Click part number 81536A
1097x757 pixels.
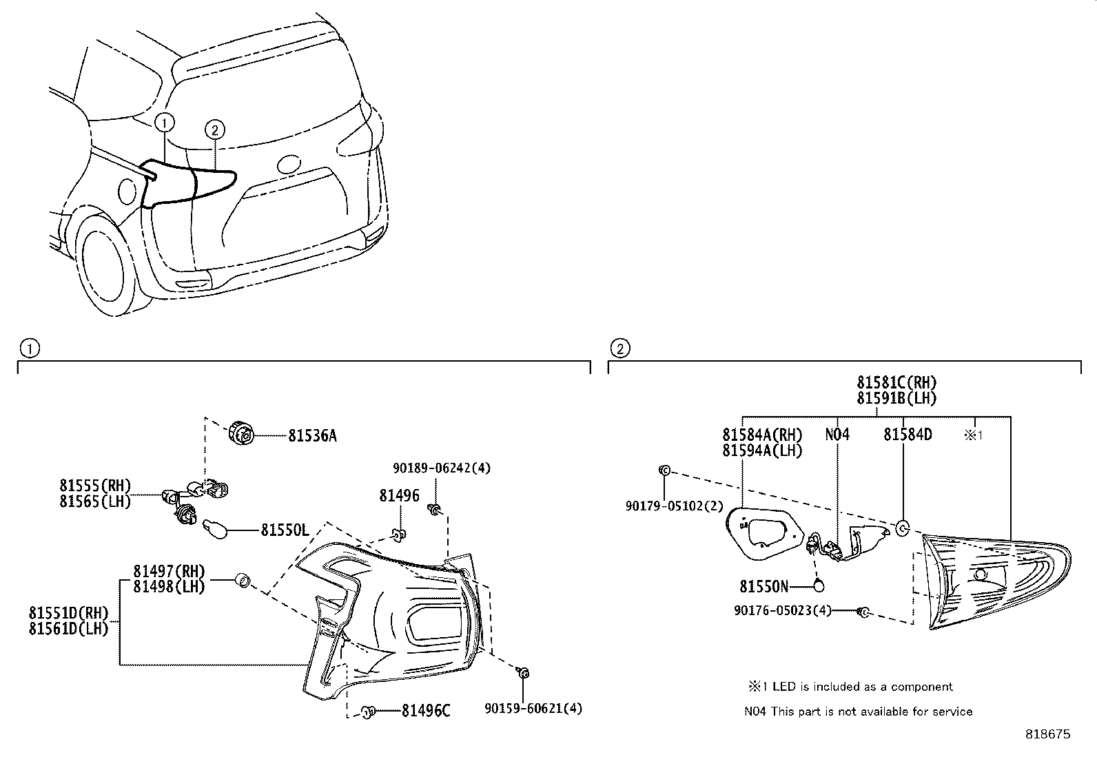tap(312, 436)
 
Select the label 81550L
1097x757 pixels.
tap(284, 530)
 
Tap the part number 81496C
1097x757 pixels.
tap(425, 710)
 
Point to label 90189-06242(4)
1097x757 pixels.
tap(442, 468)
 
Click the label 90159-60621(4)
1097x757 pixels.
tap(533, 707)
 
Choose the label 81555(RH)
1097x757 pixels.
tap(95, 486)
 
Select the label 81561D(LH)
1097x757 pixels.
tap(68, 628)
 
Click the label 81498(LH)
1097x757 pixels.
tap(169, 587)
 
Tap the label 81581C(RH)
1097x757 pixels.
tap(896, 382)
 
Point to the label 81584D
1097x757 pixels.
tap(908, 435)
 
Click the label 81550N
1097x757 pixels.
tap(763, 586)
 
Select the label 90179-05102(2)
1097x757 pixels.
tap(674, 506)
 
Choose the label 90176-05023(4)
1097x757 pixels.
tap(783, 610)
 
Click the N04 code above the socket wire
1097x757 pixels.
tap(837, 435)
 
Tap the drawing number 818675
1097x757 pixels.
tap(1048, 734)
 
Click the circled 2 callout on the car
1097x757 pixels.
tap(214, 129)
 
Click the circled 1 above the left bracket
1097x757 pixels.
tap(28, 349)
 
